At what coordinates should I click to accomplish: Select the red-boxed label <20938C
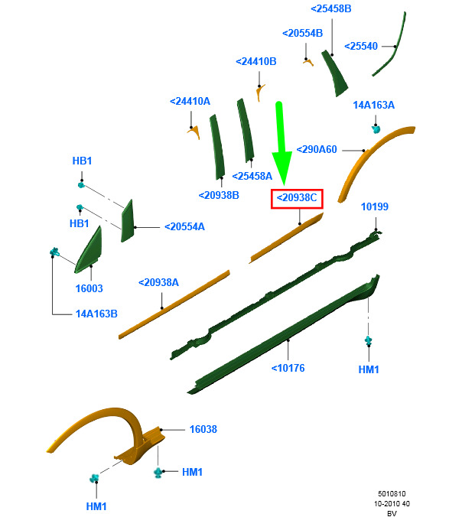click(297, 199)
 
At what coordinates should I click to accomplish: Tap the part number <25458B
click(331, 9)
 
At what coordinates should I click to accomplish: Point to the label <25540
click(360, 46)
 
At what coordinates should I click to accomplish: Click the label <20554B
click(302, 34)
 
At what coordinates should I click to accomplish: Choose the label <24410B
click(255, 62)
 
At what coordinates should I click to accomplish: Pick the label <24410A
click(190, 101)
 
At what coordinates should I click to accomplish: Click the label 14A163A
click(373, 106)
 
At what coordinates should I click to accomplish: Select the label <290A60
click(317, 150)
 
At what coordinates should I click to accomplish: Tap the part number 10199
click(375, 206)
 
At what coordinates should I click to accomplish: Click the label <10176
click(288, 368)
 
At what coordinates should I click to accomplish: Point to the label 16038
click(203, 429)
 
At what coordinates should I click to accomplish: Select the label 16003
click(89, 288)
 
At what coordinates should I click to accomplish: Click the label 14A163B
click(96, 314)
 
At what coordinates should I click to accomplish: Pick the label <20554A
click(184, 227)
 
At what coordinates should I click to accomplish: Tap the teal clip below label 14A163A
click(376, 129)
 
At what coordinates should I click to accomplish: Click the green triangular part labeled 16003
click(89, 252)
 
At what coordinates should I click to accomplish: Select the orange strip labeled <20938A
click(174, 304)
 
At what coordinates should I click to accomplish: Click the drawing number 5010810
click(392, 494)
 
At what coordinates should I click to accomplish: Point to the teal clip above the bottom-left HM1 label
click(94, 478)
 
